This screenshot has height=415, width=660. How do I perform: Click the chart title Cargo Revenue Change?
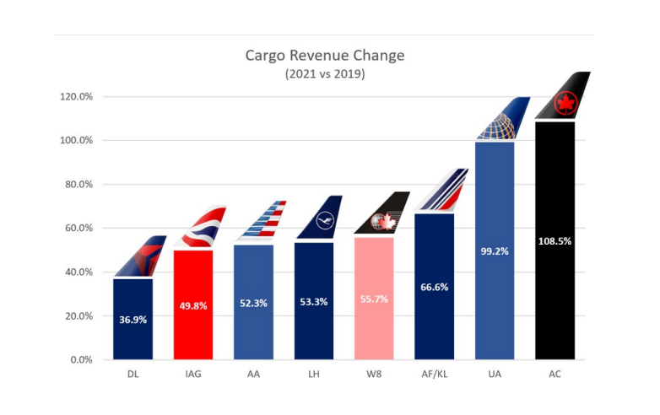325,56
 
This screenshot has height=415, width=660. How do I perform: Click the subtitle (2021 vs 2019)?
325,73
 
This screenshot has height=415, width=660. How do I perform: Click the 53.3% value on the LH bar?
313,302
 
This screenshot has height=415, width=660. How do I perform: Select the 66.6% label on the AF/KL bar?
434,287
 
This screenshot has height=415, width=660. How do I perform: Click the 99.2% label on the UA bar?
495,251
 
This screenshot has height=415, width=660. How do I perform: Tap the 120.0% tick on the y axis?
76,96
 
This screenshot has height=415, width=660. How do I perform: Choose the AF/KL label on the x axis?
434,373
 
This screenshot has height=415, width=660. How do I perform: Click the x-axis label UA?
495,373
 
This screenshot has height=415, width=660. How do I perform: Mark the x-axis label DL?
133,373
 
